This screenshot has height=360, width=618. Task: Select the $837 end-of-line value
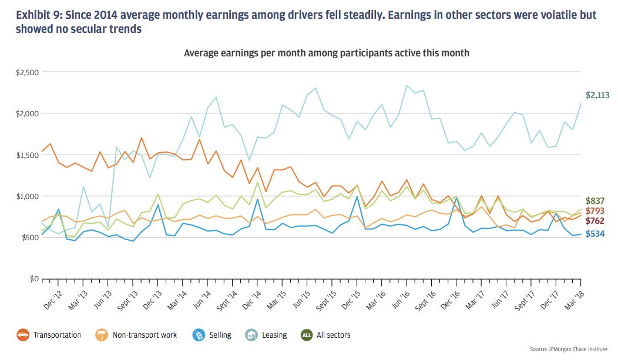pyautogui.click(x=597, y=200)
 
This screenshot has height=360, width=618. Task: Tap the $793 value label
pyautogui.click(x=597, y=210)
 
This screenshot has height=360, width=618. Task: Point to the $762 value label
pyautogui.click(x=597, y=221)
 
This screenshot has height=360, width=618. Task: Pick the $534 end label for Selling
pyautogui.click(x=597, y=234)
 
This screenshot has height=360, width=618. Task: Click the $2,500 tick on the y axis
pyautogui.click(x=27, y=72)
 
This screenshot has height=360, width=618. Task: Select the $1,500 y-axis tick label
pyautogui.click(x=27, y=155)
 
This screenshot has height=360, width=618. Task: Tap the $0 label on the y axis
pyautogui.click(x=34, y=279)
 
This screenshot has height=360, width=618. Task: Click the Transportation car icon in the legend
pyautogui.click(x=23, y=335)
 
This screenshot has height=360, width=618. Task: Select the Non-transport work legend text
pyautogui.click(x=144, y=335)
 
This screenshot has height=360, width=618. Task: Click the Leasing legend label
pyautogui.click(x=274, y=335)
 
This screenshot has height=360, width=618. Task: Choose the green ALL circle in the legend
pyautogui.click(x=307, y=335)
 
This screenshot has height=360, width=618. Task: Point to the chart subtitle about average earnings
pyautogui.click(x=326, y=53)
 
